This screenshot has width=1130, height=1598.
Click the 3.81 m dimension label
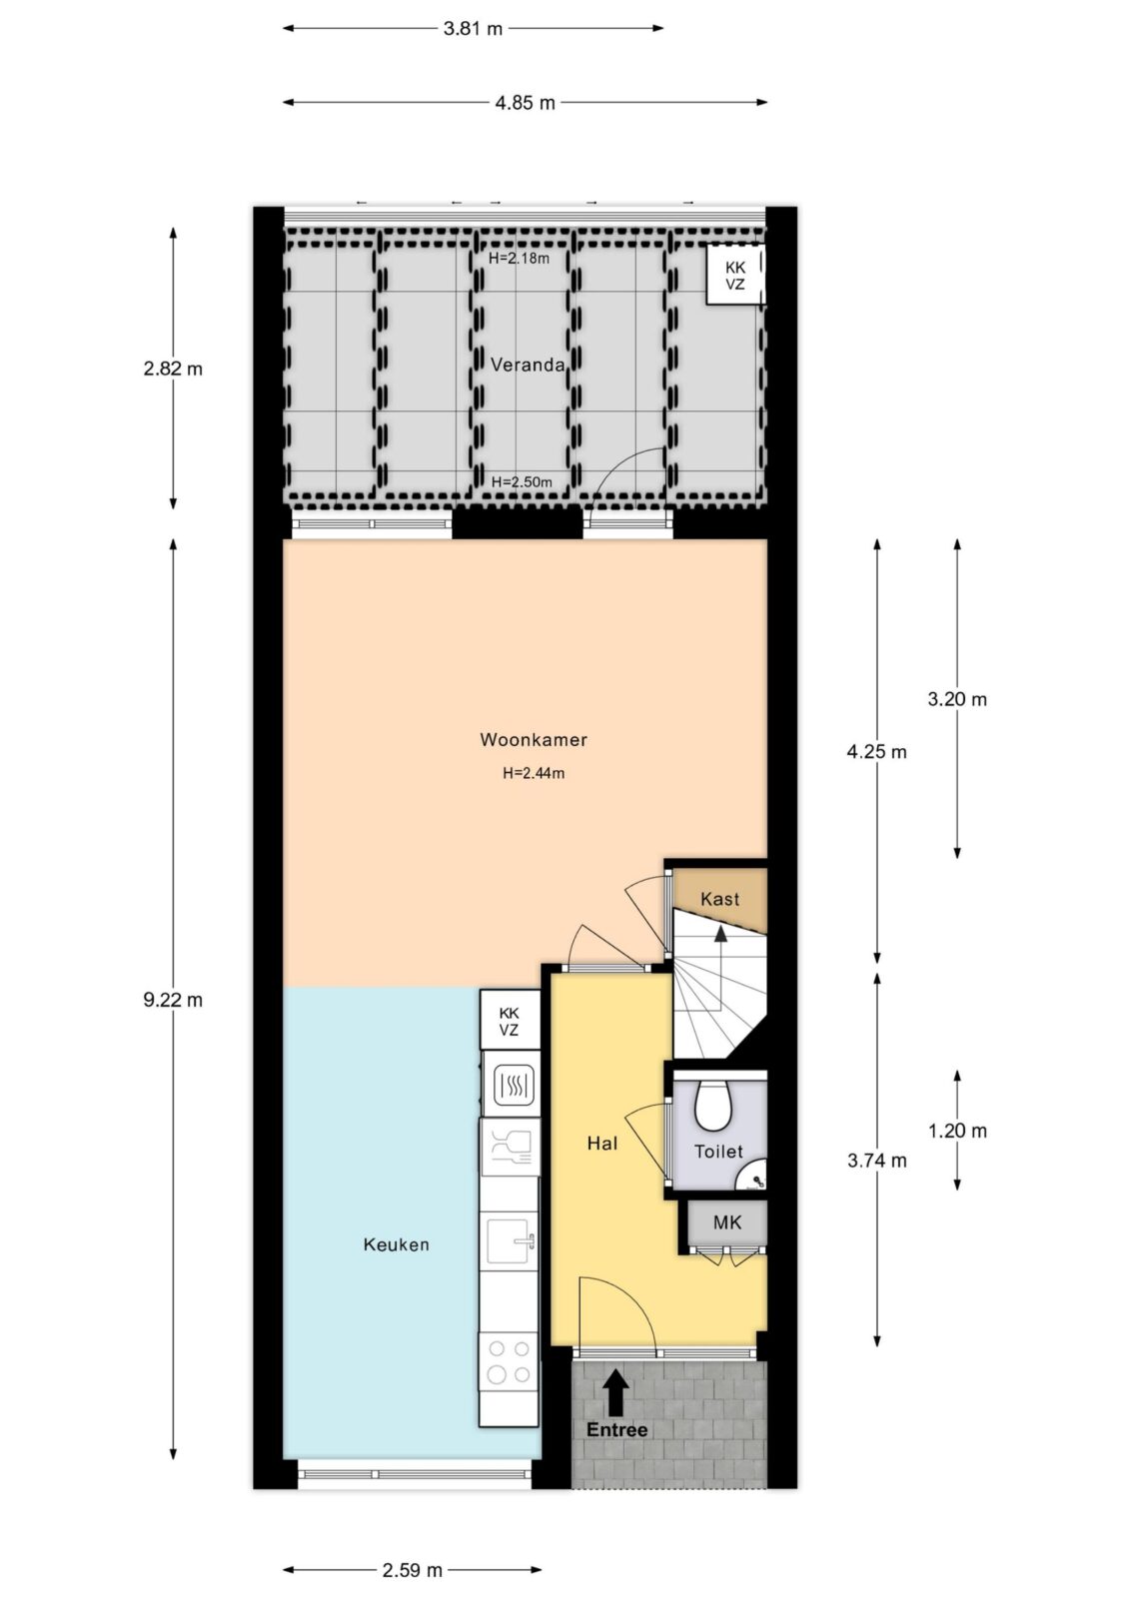pos(473,29)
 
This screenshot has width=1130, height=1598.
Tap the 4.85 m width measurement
pos(525,103)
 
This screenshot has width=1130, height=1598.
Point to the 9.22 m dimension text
pos(173,1000)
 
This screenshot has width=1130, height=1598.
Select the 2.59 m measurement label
pos(412,1570)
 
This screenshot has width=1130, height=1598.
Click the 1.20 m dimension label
pos(957,1131)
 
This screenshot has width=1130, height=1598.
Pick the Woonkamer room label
pos(534,740)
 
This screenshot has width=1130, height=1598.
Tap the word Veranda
pos(528,366)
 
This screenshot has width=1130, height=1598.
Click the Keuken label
pos(397,1244)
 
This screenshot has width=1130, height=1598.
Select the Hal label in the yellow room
pos(601,1144)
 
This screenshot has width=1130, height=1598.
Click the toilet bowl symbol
pos(713,1105)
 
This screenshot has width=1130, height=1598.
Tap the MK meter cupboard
pos(727,1222)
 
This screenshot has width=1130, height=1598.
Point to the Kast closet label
pos(719,899)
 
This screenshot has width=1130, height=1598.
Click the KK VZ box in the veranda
pos(735,276)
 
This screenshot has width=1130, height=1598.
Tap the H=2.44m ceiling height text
pos(534,773)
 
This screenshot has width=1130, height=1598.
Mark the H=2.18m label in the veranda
pos(519,259)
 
